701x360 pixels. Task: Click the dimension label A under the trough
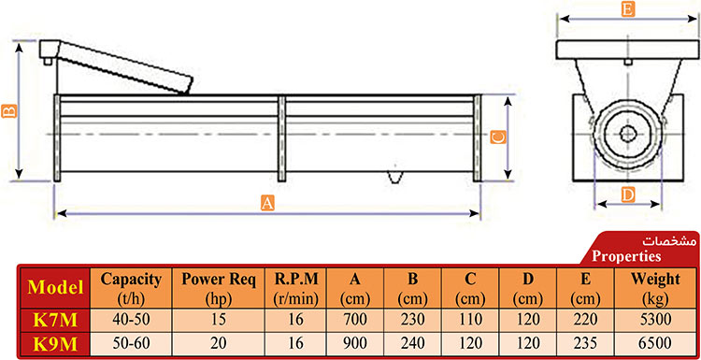267,204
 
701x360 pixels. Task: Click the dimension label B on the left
9,110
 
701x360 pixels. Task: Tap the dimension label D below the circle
628,194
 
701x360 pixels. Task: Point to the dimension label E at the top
628,10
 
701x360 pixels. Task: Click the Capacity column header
131,288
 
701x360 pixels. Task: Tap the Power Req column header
219,288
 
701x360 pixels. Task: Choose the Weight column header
655,288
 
